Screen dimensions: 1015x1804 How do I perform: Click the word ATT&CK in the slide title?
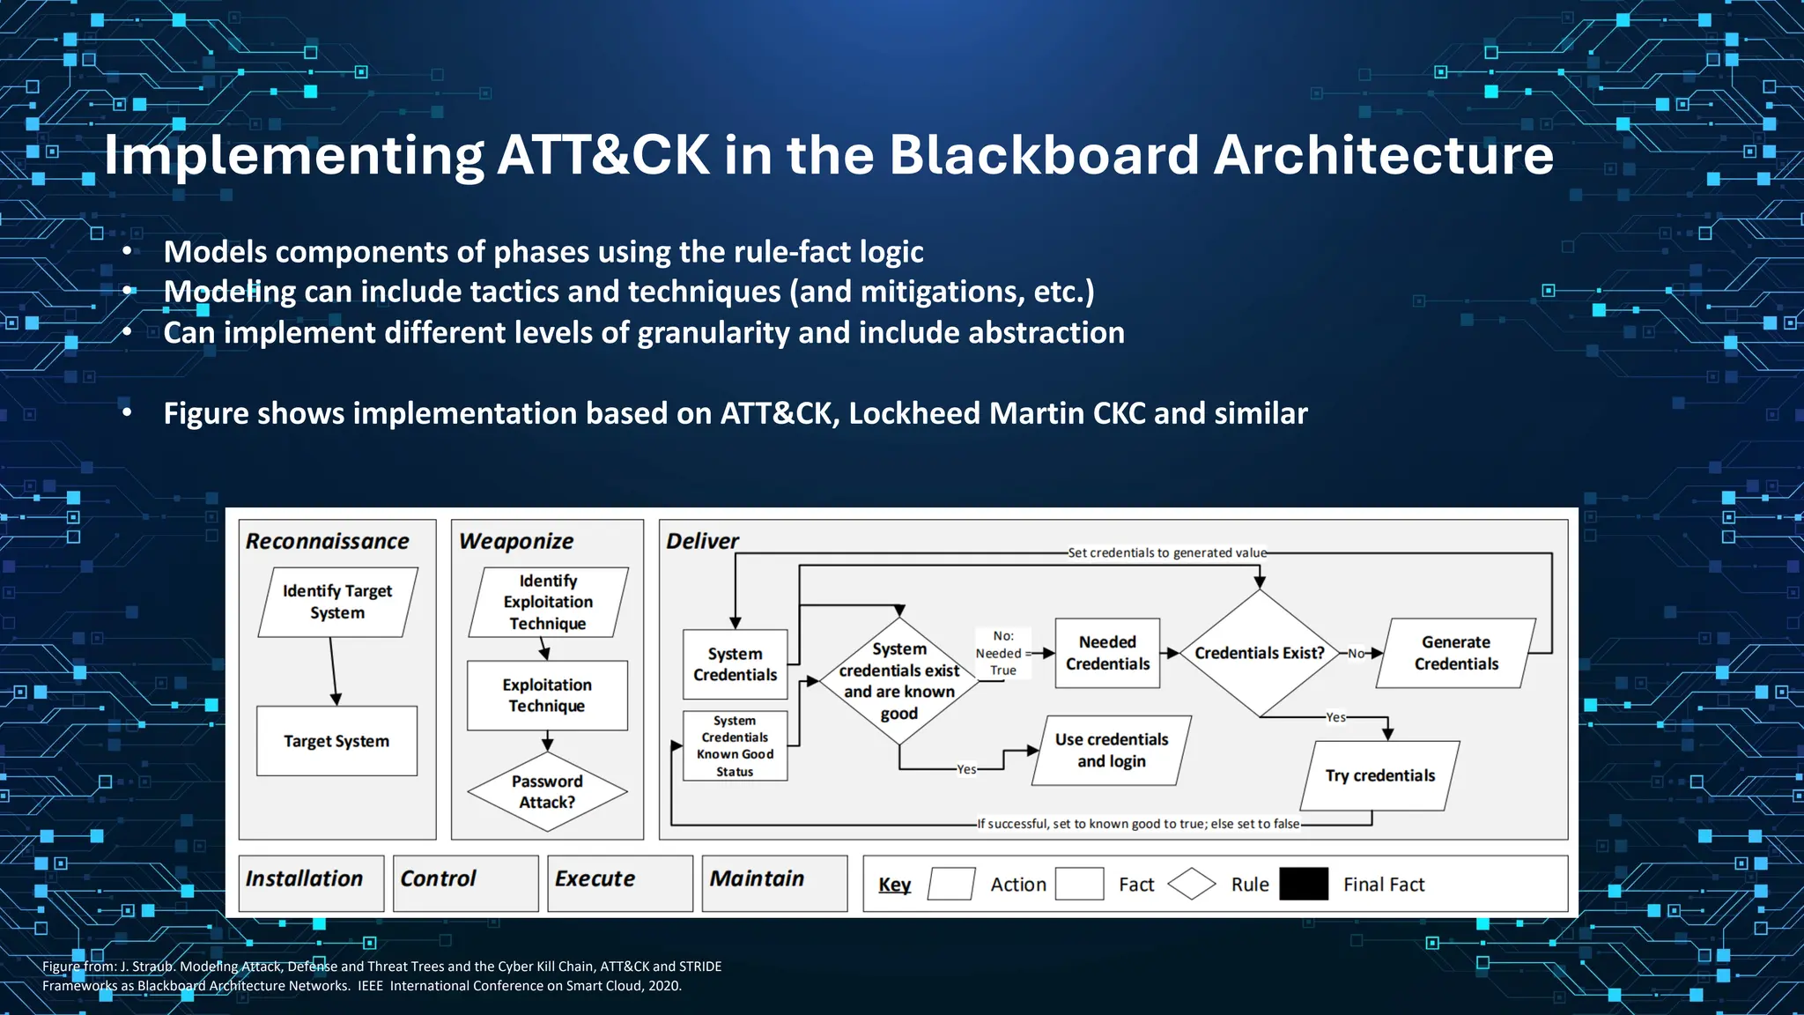[x=603, y=155]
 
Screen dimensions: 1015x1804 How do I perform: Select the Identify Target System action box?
[x=337, y=602]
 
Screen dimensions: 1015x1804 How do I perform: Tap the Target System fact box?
[x=336, y=741]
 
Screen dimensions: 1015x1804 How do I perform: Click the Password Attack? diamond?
[x=547, y=791]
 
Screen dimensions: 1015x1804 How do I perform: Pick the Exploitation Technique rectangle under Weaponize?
[x=547, y=695]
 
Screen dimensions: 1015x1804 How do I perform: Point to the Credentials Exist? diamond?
[x=1259, y=653]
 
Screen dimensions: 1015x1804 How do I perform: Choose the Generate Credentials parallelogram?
[x=1455, y=653]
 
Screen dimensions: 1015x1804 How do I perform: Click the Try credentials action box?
[x=1379, y=775]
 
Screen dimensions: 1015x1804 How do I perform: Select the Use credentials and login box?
[x=1112, y=750]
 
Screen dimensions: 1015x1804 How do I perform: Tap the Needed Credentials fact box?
[x=1107, y=653]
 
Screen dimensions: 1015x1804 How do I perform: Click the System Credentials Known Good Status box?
[x=735, y=745]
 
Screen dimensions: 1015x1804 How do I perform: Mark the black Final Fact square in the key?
[x=1303, y=884]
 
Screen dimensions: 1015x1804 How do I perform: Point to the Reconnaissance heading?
[x=327, y=541]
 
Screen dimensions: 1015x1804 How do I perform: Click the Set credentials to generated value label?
[x=1166, y=552]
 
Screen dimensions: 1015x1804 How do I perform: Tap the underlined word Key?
[x=894, y=885]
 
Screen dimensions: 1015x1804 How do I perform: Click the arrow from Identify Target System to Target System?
[x=333, y=670]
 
